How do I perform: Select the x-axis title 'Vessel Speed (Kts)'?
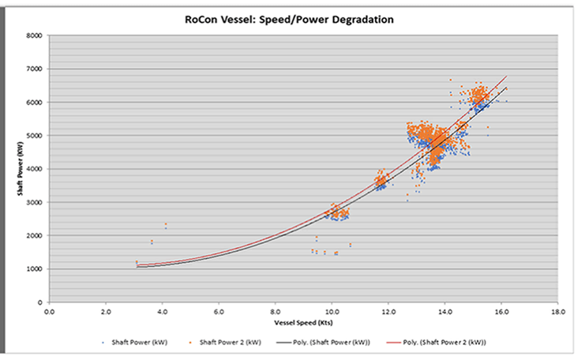(x=303, y=324)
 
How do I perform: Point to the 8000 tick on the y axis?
(x=34, y=36)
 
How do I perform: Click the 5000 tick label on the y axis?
(x=34, y=136)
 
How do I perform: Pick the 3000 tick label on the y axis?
(x=34, y=202)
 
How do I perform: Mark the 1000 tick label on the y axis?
(x=34, y=268)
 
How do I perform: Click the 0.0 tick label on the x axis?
(x=50, y=312)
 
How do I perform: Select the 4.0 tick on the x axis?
(x=163, y=312)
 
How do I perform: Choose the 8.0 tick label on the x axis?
(x=276, y=312)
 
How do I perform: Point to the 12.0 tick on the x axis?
(x=388, y=312)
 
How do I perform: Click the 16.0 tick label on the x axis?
(x=501, y=312)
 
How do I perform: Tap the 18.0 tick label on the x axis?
(x=558, y=312)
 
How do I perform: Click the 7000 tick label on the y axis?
(x=34, y=69)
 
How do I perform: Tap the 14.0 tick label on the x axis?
(x=445, y=312)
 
